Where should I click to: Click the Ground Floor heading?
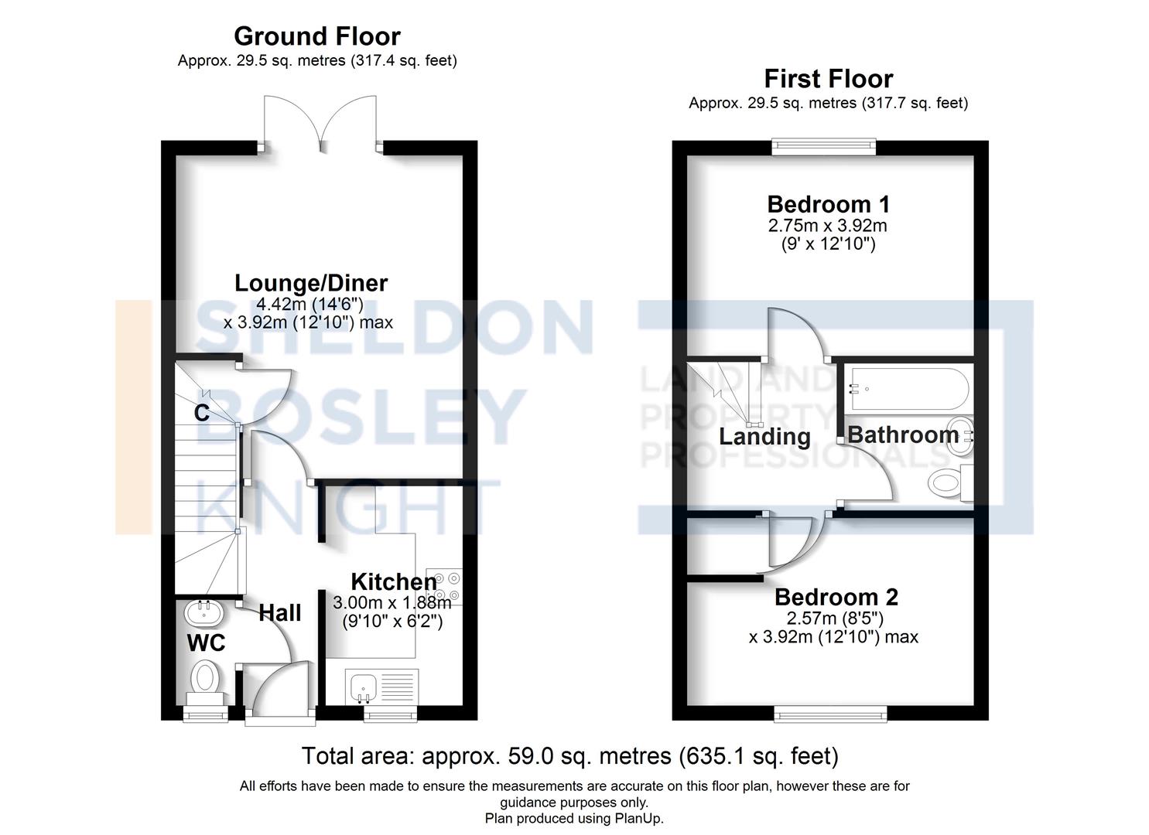click(316, 36)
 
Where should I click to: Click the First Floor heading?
click(828, 79)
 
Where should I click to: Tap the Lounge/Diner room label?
click(311, 283)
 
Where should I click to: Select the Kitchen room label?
click(393, 581)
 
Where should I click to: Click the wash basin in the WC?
click(204, 614)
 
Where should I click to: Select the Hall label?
click(279, 613)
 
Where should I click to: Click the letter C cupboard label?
click(202, 413)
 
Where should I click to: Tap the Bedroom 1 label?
click(828, 205)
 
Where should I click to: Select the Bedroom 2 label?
click(836, 597)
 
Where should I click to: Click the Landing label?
click(764, 437)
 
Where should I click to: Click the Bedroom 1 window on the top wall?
click(823, 146)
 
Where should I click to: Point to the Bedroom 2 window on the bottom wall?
click(830, 714)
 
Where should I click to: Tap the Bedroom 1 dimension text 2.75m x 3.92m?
click(827, 226)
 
